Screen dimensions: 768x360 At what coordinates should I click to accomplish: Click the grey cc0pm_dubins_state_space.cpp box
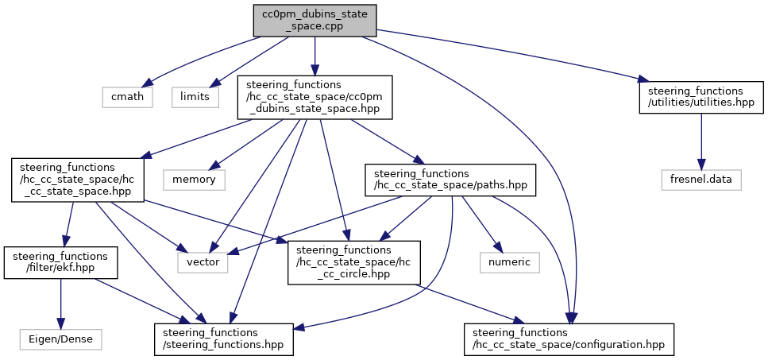(x=315, y=20)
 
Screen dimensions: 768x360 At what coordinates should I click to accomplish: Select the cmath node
(x=128, y=97)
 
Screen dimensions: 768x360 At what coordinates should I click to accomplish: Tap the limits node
(x=195, y=97)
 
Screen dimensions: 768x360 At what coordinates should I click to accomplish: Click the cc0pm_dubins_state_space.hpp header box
(x=315, y=97)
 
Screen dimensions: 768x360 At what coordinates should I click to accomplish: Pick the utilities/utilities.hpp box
(x=701, y=97)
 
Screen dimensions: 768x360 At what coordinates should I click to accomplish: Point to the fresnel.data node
(x=701, y=180)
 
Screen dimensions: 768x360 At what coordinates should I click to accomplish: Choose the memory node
(x=194, y=180)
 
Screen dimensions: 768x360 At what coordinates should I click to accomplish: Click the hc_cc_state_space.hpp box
(x=77, y=180)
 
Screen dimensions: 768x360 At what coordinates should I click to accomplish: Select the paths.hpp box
(x=450, y=180)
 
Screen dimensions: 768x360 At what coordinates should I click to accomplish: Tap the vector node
(x=203, y=262)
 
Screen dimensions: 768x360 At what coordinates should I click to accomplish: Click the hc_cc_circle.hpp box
(x=354, y=262)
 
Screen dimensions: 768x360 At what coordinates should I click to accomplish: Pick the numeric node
(x=510, y=262)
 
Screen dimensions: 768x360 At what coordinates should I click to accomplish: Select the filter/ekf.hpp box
(x=60, y=262)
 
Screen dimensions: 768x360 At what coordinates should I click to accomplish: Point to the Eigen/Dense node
(x=60, y=339)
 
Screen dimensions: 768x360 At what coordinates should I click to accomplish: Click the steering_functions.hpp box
(x=224, y=339)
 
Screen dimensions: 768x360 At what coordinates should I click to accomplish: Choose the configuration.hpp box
(x=569, y=339)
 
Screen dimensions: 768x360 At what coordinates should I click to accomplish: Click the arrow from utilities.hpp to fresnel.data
(x=701, y=141)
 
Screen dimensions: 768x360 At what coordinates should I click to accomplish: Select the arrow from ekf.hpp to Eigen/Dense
(x=60, y=304)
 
